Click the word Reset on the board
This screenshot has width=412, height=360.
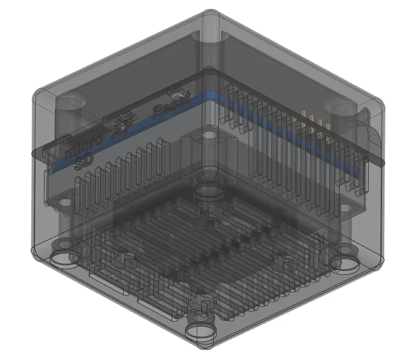(171, 108)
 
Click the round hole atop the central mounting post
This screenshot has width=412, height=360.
(209, 136)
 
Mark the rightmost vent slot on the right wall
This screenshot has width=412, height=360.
(362, 173)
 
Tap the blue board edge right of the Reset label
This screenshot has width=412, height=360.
(199, 99)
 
